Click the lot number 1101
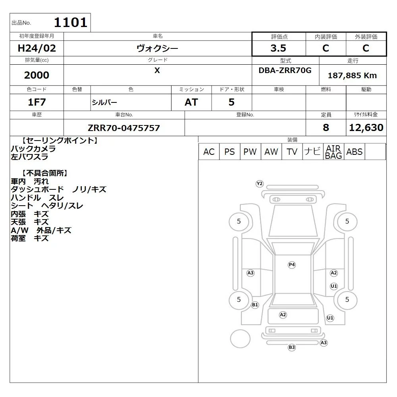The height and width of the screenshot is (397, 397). (x=71, y=22)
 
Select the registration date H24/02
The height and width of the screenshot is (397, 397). (x=37, y=48)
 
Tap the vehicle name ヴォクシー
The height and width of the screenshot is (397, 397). (x=157, y=48)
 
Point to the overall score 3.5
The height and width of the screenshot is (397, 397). (x=278, y=48)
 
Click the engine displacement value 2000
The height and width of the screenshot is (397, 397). (x=37, y=75)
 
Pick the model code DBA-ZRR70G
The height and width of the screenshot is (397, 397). (x=285, y=70)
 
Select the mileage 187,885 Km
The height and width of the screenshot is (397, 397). (x=352, y=75)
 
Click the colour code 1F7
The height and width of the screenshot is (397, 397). (x=37, y=102)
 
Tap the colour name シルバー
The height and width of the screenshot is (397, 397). (x=104, y=102)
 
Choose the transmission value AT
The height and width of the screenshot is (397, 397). (x=191, y=102)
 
